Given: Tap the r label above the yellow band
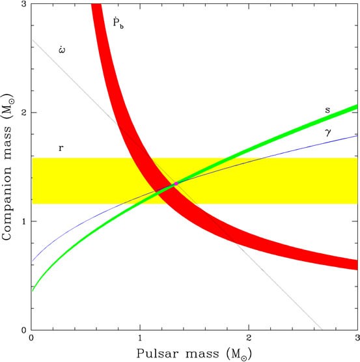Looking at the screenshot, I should [61, 148].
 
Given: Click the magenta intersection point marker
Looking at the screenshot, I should [175, 184].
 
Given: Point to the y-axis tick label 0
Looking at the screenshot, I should [23, 330].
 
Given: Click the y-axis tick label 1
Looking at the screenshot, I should [23, 221].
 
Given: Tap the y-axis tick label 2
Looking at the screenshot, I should [23, 113].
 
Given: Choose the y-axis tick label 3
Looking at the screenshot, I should [23, 5].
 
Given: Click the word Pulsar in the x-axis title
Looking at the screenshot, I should [157, 354].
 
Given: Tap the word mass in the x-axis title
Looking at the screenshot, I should [201, 354].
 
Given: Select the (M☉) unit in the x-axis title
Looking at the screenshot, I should [236, 354].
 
